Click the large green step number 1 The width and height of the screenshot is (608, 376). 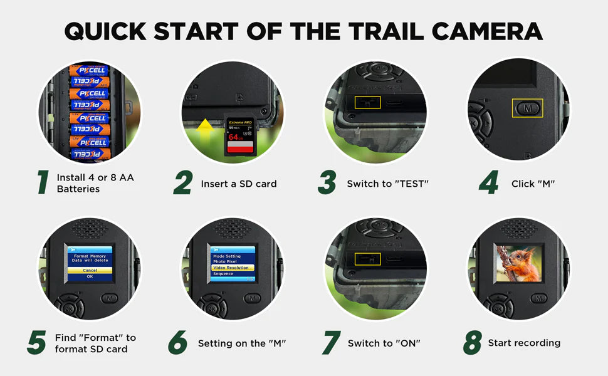pos(43,182)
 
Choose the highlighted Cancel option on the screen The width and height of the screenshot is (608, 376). pos(90,269)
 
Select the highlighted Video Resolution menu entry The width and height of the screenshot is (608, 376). pos(232,268)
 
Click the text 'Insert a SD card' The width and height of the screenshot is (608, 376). pos(238,184)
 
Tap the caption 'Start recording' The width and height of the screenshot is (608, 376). pos(524,343)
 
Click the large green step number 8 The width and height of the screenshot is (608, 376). pos(472,343)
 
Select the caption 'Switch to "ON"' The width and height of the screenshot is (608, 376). pos(384,343)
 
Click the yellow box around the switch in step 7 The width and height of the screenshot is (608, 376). pos(367,259)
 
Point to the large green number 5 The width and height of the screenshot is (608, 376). pos(36,343)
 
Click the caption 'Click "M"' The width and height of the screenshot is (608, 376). pos(533,184)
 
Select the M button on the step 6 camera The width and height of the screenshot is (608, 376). pos(252,298)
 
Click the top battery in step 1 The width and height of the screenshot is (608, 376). pos(88,70)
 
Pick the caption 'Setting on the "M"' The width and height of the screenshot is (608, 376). pos(242,343)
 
